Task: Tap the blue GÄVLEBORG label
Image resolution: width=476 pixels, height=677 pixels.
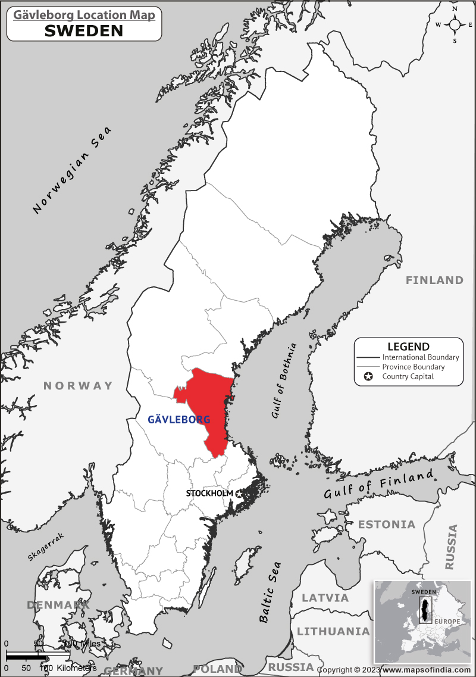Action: pos(178,420)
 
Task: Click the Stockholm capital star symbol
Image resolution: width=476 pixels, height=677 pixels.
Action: pos(240,494)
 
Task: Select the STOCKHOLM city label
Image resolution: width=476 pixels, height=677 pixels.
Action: pos(209,494)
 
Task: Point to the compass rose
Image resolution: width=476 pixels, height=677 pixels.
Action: pos(455,24)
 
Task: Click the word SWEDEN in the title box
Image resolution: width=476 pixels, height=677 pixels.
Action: pos(84,30)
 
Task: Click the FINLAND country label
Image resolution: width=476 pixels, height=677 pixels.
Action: pos(434,280)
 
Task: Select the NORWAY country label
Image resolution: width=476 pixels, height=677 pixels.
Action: pos(78,386)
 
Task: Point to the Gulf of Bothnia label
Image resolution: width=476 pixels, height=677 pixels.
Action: pos(284,381)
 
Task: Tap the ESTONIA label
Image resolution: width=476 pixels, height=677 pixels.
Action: pos(386,525)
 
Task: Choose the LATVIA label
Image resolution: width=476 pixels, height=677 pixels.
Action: pos(325,598)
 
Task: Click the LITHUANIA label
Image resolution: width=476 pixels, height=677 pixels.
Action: pos(333,631)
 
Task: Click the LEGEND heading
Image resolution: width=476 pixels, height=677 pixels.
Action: pos(408,347)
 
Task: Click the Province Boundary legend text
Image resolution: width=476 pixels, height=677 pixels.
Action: pos(413,367)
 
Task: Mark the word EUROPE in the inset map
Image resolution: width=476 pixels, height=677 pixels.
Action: pos(446,622)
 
